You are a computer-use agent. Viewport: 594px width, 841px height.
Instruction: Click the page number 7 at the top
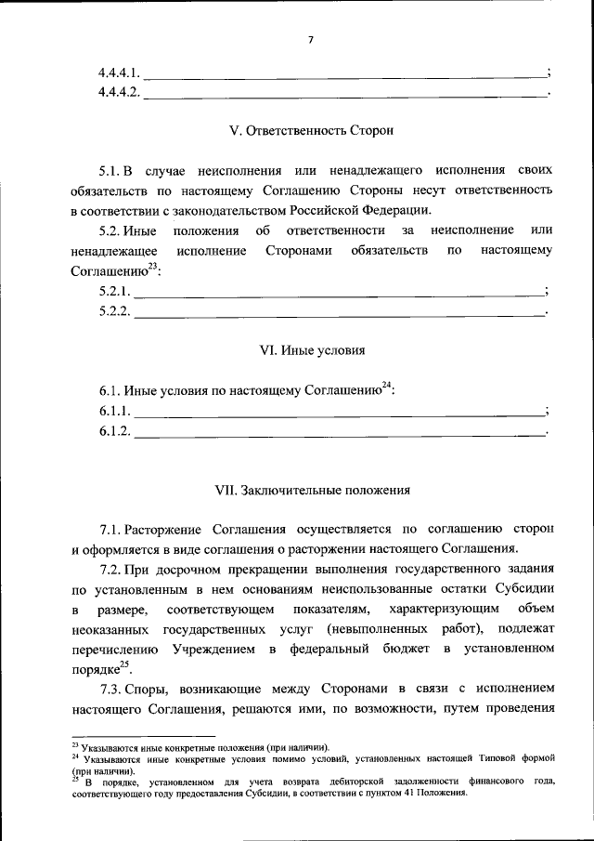coord(311,40)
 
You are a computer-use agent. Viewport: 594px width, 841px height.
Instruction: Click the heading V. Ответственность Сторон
coord(311,130)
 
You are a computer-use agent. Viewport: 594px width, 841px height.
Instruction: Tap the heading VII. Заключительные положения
coord(311,489)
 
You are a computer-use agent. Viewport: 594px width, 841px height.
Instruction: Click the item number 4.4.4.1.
coord(120,72)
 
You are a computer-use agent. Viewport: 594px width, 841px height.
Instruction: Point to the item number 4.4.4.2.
coord(120,92)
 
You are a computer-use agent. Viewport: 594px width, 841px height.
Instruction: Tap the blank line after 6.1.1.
coord(339,411)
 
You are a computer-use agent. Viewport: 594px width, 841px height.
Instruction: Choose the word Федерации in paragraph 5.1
coord(382,211)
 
